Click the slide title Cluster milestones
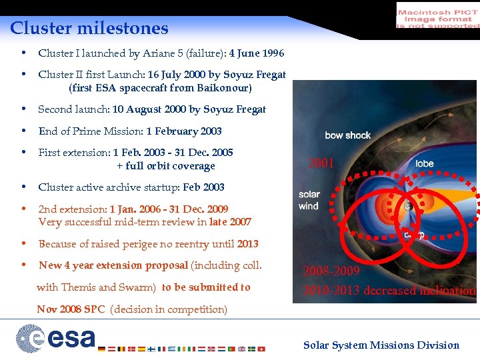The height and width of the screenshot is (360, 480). point(89,28)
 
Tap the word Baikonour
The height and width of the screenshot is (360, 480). point(223,88)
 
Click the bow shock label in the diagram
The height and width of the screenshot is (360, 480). point(347,135)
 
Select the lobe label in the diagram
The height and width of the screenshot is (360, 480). point(424,163)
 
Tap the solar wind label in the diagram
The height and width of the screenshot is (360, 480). point(309,200)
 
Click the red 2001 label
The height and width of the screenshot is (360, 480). point(321,163)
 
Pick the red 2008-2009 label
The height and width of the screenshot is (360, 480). point(331,271)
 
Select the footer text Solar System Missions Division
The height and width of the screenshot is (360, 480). point(381,345)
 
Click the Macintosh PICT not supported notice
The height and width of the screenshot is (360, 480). point(437,15)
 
